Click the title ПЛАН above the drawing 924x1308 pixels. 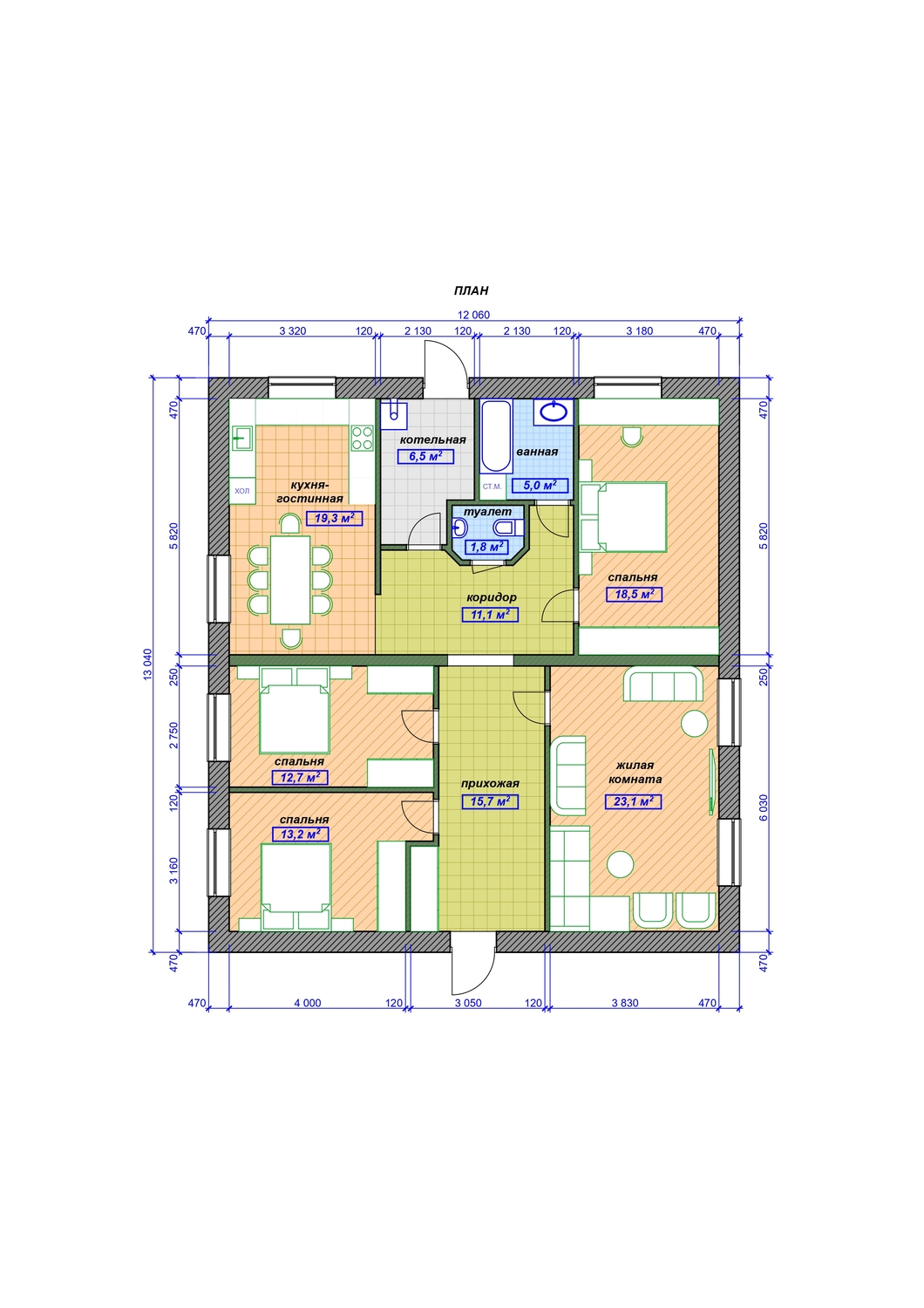click(471, 290)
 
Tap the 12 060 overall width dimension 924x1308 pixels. click(473, 315)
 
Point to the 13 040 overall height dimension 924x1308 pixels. click(147, 664)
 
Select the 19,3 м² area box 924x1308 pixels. click(335, 518)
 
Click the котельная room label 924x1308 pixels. click(432, 439)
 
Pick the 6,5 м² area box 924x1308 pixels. click(425, 456)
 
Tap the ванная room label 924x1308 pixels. click(537, 452)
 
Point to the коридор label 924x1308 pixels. click(492, 597)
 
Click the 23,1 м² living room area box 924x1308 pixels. click(634, 801)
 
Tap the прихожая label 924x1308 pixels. click(490, 784)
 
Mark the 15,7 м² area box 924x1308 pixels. click(490, 801)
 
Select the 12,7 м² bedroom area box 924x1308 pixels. click(300, 777)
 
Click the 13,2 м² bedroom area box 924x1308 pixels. click(300, 835)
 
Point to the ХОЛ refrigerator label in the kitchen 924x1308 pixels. click(241, 491)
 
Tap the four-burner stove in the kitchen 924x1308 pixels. click(362, 438)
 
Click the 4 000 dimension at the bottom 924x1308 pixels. click(308, 1003)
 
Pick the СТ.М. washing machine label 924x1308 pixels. click(492, 487)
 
